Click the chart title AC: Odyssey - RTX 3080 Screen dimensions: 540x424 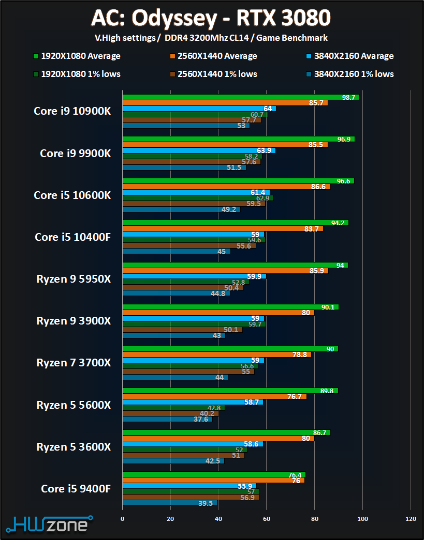point(211,19)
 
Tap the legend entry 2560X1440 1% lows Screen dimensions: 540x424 point(214,74)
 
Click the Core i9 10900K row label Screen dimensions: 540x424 point(72,111)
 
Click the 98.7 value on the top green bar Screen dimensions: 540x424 point(348,97)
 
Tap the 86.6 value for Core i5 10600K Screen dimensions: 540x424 point(319,187)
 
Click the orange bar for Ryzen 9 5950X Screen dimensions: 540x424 point(225,271)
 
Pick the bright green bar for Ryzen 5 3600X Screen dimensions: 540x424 point(226,433)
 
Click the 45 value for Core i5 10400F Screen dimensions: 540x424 point(221,252)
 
